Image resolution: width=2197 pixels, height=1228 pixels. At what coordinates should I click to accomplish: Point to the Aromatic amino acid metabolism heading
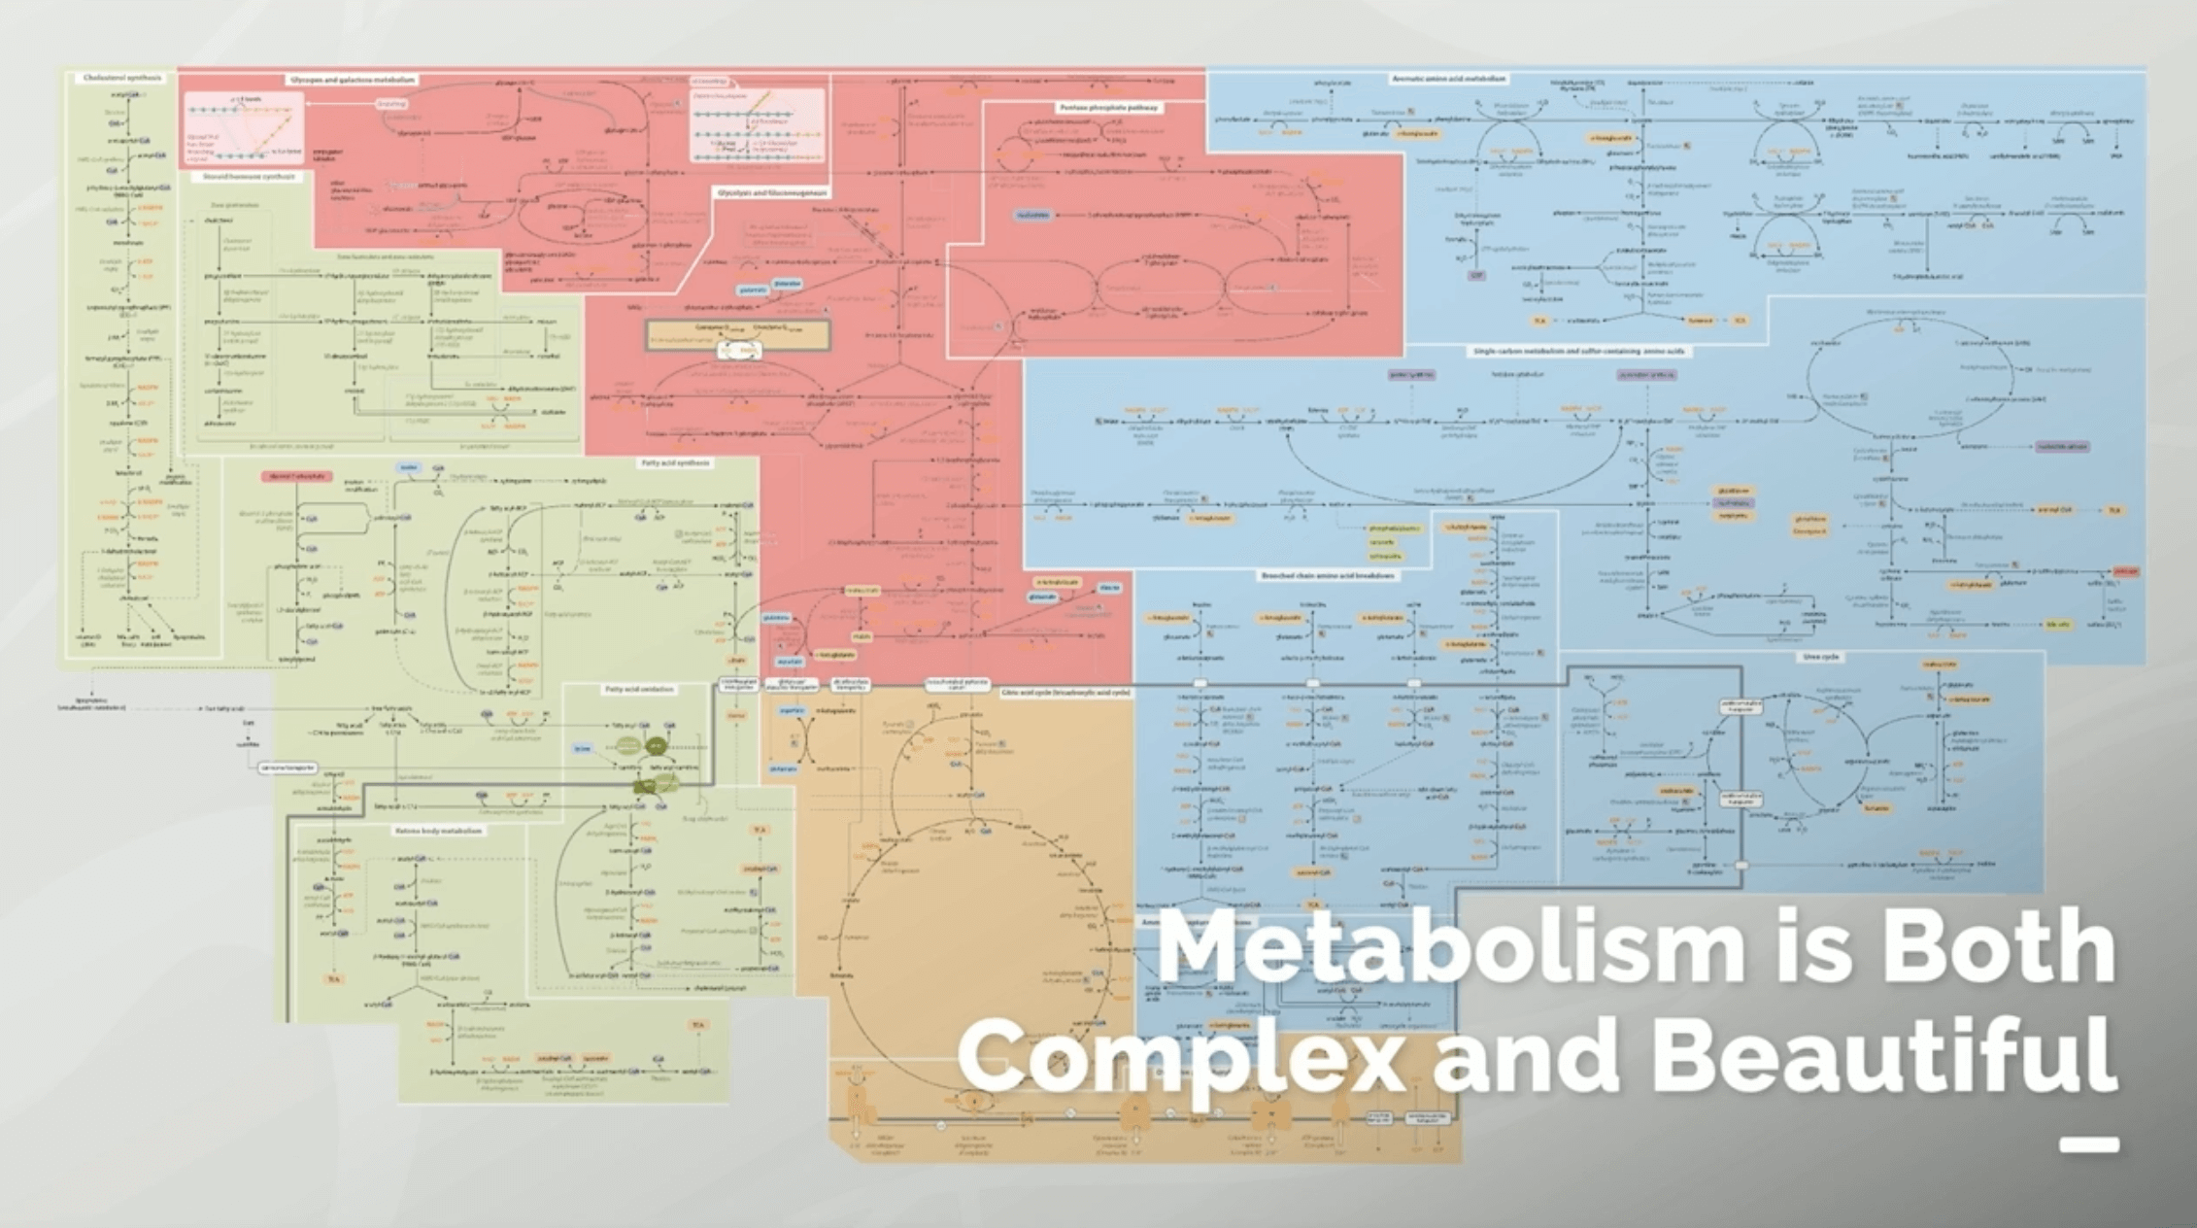[x=1449, y=79]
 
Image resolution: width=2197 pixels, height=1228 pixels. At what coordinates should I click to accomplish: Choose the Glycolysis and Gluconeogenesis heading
[x=772, y=193]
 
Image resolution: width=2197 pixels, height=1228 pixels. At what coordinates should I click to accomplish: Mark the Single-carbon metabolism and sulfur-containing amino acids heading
[x=1579, y=351]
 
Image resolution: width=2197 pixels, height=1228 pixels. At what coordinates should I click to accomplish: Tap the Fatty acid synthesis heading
[x=676, y=463]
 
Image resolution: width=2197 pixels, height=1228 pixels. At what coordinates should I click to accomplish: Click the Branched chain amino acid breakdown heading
[x=1328, y=576]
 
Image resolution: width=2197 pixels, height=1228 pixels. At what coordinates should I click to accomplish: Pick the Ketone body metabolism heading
[x=438, y=831]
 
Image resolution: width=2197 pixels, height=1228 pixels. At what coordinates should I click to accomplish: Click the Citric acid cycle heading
[x=1065, y=693]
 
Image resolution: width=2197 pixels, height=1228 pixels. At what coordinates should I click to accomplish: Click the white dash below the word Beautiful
[x=2089, y=1144]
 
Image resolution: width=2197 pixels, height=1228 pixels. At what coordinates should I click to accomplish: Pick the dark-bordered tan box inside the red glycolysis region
[x=738, y=335]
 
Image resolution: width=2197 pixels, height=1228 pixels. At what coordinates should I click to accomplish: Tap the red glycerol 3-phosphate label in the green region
[x=296, y=476]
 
